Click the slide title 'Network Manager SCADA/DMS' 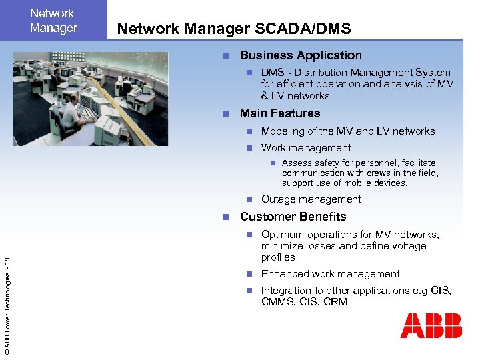(233, 28)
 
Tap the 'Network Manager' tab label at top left (53, 21)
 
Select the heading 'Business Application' (301, 55)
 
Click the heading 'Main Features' (280, 113)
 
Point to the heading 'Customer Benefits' (293, 217)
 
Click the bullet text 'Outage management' (311, 199)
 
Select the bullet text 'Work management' (306, 148)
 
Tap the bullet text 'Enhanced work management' (330, 274)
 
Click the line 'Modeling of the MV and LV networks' (347, 131)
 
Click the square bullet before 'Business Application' (226, 56)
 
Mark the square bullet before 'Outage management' (249, 199)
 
